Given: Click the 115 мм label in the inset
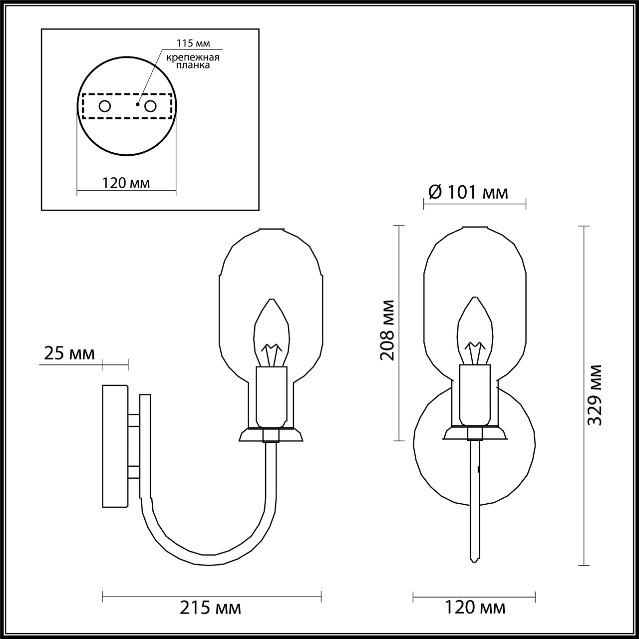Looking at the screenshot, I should (190, 43).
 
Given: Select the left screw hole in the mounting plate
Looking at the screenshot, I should (105, 106).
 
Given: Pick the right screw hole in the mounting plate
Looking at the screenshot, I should (150, 106).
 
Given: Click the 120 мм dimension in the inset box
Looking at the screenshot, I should (126, 183).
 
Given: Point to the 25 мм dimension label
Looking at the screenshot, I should (69, 353).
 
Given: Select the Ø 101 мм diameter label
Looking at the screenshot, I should (468, 192).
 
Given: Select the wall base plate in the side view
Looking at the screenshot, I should (115, 446).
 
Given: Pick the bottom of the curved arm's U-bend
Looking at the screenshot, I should (207, 559).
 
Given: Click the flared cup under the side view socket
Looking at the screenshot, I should (271, 435).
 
